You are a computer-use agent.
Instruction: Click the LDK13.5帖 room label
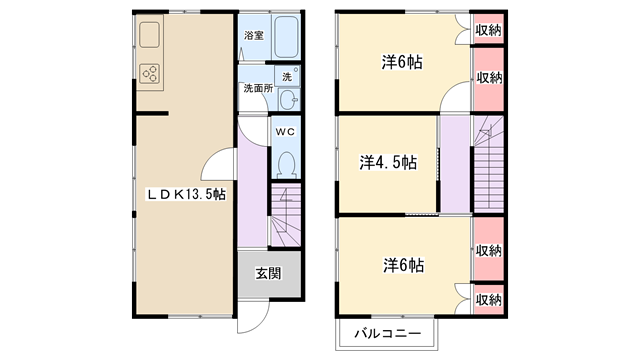click(186, 195)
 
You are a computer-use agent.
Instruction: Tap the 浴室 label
click(254, 36)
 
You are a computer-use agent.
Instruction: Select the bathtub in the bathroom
click(286, 37)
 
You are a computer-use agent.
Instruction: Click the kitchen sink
click(149, 35)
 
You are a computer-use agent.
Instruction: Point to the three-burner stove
click(149, 74)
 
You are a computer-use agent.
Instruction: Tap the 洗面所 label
click(258, 88)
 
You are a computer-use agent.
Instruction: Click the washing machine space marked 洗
click(288, 76)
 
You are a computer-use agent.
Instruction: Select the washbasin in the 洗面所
click(289, 99)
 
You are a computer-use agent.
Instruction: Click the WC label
click(285, 132)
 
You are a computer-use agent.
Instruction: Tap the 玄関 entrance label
click(269, 273)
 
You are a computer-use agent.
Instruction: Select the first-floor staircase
click(286, 215)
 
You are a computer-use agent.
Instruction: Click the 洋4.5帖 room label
click(388, 162)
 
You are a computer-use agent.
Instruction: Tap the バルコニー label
click(387, 333)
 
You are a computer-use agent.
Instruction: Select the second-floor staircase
click(489, 164)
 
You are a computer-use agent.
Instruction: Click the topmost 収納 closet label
click(488, 30)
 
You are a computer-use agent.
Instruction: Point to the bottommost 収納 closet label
click(488, 300)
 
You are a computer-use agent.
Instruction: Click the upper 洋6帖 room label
click(402, 62)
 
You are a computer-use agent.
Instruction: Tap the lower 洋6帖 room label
click(403, 265)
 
